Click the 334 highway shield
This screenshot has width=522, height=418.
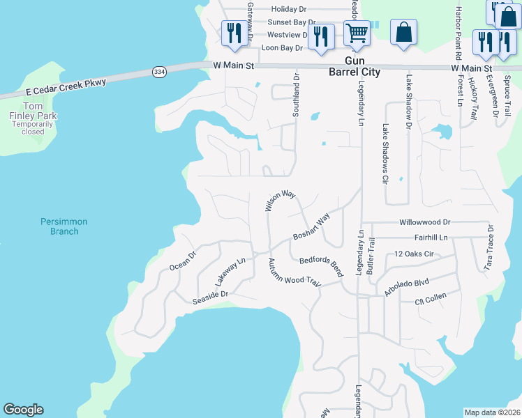pos(160,72)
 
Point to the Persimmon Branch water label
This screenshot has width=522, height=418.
pos(64,226)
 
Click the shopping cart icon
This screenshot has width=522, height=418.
pos(357,33)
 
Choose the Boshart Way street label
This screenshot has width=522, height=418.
pos(311,227)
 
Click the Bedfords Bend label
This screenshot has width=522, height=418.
pos(322,266)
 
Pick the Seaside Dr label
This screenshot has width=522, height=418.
pos(211,298)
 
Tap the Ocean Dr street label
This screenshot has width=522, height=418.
pos(184,261)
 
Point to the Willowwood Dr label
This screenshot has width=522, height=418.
pos(425,222)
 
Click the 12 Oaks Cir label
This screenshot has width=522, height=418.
pos(414,254)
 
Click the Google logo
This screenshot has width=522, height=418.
pos(23,410)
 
